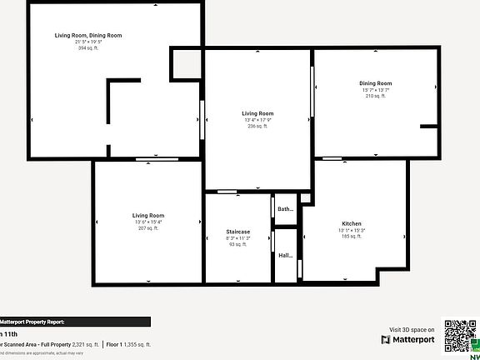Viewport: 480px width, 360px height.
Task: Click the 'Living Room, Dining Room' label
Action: [88, 36]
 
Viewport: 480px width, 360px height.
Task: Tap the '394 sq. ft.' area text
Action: [88, 48]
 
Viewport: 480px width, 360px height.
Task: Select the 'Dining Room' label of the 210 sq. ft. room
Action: [375, 83]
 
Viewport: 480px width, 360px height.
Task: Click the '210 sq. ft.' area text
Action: [375, 96]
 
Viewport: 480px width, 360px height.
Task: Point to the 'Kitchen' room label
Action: [351, 224]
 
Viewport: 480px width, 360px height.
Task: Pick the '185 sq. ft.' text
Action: [351, 237]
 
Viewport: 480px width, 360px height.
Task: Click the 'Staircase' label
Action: [238, 232]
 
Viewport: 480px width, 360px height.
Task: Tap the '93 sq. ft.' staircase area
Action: [238, 244]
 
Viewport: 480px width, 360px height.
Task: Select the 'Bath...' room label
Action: [285, 209]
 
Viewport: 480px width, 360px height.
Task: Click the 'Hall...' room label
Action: [285, 256]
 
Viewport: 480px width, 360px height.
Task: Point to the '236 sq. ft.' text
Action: [257, 126]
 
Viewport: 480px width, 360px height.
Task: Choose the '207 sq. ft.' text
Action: [146, 228]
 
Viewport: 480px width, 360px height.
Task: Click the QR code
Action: [458, 337]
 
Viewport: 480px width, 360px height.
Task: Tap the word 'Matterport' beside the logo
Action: [414, 340]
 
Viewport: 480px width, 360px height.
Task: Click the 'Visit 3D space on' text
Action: [412, 330]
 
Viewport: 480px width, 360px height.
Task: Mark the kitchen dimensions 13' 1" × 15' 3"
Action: [351, 231]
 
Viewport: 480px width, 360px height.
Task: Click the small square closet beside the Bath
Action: [306, 198]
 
